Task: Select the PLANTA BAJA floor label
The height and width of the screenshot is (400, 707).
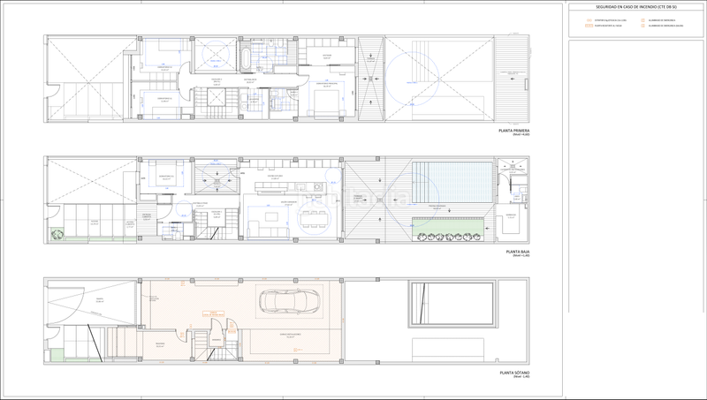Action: pyautogui.click(x=516, y=252)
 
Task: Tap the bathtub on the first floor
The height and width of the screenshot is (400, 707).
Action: pyautogui.click(x=242, y=59)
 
